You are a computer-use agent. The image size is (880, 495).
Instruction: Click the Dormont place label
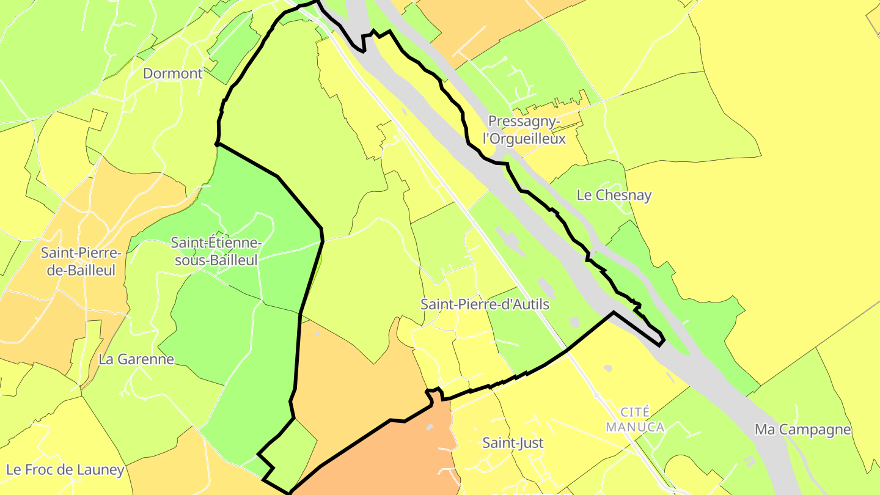click(x=172, y=74)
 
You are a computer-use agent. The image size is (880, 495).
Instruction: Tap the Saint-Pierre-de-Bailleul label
click(x=81, y=261)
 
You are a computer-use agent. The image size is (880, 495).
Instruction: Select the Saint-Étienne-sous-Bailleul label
click(x=216, y=251)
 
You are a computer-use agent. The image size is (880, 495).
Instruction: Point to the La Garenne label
click(x=136, y=359)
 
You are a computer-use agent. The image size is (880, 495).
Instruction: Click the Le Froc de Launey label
click(x=65, y=470)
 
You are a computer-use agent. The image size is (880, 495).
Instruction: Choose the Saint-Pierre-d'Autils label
click(x=485, y=304)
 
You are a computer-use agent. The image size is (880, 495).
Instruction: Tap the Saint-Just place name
click(x=513, y=442)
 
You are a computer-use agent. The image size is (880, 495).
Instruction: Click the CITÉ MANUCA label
click(x=635, y=419)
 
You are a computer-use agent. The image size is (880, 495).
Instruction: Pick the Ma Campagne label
click(x=802, y=429)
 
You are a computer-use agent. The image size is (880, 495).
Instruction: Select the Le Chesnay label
click(x=614, y=195)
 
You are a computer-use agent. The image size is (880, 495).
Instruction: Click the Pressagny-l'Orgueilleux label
click(x=524, y=130)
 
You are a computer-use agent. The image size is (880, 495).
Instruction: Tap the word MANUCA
click(x=635, y=427)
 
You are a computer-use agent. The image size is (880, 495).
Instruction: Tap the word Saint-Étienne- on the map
click(x=216, y=243)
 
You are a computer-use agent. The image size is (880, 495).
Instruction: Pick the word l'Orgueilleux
click(x=524, y=139)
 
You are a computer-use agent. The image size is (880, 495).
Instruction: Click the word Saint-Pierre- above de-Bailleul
click(x=81, y=252)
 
